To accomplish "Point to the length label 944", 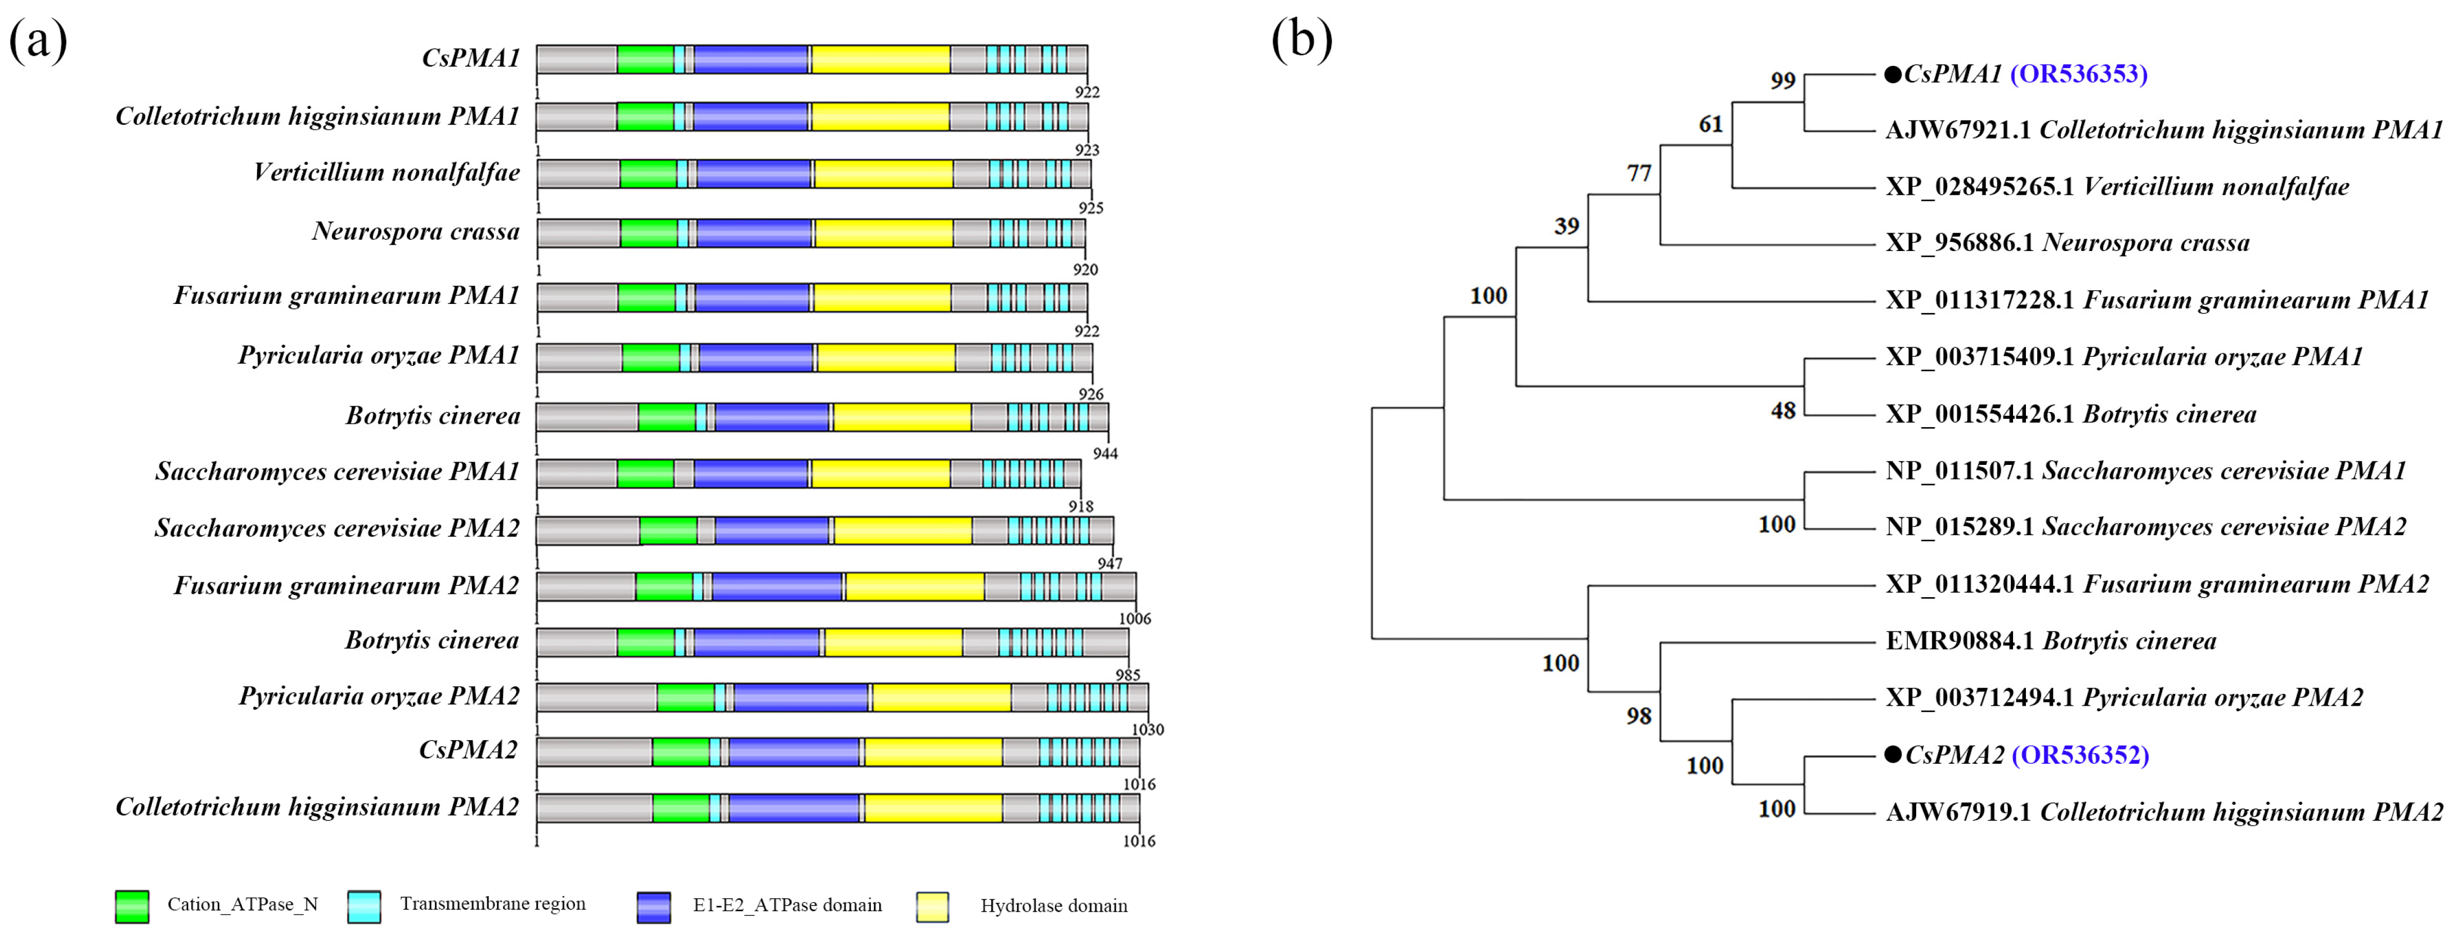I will (1104, 454).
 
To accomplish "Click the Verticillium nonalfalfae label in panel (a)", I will (387, 172).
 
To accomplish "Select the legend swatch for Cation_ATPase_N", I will (132, 906).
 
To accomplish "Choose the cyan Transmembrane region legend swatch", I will (364, 906).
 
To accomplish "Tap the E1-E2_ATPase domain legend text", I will (787, 905).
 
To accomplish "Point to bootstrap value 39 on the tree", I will (1566, 226).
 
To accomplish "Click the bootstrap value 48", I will (1782, 410).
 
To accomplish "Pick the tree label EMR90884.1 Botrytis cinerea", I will (2050, 641).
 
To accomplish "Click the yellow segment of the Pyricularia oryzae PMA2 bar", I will (941, 697).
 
